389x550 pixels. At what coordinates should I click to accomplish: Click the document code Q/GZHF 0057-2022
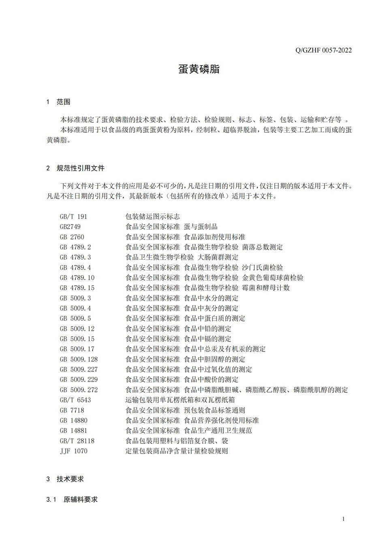pyautogui.click(x=323, y=50)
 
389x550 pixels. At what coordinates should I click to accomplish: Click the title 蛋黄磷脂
pyautogui.click(x=199, y=69)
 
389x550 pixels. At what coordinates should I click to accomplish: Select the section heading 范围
pyautogui.click(x=63, y=102)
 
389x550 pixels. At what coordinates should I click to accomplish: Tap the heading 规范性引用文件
pyautogui.click(x=80, y=168)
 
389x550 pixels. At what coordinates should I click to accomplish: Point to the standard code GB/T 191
pyautogui.click(x=73, y=216)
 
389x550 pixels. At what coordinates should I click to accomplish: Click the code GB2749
pyautogui.click(x=70, y=227)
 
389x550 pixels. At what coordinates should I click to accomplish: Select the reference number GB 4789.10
pyautogui.click(x=77, y=278)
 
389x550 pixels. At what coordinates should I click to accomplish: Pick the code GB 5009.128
pyautogui.click(x=79, y=359)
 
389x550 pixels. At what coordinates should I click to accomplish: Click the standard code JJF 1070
pyautogui.click(x=73, y=451)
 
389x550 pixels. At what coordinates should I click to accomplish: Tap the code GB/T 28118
pyautogui.click(x=77, y=441)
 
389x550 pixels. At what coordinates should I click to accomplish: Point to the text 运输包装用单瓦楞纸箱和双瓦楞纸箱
pyautogui.click(x=180, y=400)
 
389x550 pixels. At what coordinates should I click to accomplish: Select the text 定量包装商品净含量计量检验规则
pyautogui.click(x=176, y=451)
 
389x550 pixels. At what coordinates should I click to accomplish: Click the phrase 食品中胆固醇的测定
pyautogui.click(x=214, y=359)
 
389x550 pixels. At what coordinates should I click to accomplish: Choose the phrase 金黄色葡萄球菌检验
pyautogui.click(x=272, y=278)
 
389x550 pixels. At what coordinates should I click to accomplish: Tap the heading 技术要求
pyautogui.click(x=70, y=479)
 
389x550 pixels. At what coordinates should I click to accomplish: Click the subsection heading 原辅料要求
pyautogui.click(x=81, y=500)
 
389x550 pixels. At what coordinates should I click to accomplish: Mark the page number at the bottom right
pyautogui.click(x=344, y=519)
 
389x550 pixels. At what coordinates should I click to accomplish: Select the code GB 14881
pyautogui.click(x=73, y=430)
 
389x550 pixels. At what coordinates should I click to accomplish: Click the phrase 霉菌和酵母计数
pyautogui.click(x=266, y=288)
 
